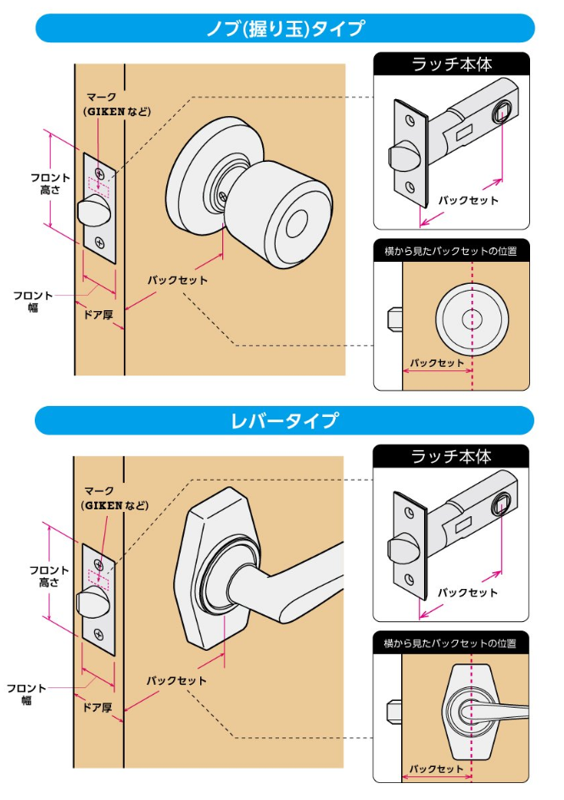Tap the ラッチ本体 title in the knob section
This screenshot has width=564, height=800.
[x=451, y=64]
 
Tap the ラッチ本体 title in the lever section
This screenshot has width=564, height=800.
[x=451, y=456]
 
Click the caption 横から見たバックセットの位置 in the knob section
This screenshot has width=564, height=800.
[x=451, y=250]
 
